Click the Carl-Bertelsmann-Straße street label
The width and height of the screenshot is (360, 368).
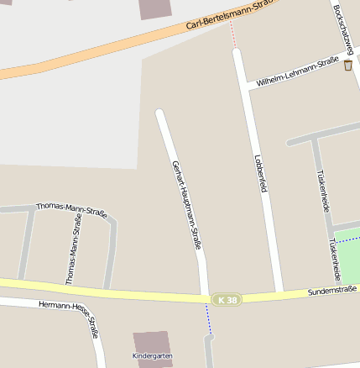pos(228,16)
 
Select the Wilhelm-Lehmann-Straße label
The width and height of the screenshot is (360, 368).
pos(298,72)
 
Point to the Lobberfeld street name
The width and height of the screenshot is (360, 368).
pos(260,173)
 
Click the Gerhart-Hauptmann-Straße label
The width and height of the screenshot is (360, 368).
pos(187,205)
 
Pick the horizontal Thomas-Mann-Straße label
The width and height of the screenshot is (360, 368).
pos(71,210)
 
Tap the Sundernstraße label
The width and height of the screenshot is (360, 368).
pos(332,291)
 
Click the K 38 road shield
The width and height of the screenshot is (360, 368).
pos(226,300)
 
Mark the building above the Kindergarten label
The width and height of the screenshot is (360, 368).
pos(152,341)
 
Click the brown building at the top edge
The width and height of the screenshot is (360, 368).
pos(154,8)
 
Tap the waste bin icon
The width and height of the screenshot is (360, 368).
pos(347,65)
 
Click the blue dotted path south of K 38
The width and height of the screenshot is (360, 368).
pos(207,318)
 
